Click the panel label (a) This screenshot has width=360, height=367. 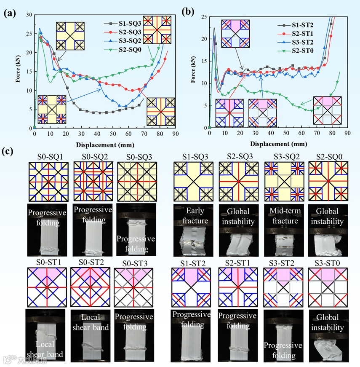tap(9, 13)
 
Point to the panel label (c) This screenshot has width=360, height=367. tap(9, 150)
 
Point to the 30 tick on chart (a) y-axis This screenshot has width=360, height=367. tap(29, 15)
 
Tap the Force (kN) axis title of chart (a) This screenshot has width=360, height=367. tap(19, 71)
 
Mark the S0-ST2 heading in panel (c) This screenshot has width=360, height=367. tap(90, 263)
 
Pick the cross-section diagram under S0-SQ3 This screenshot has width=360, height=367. tap(135, 182)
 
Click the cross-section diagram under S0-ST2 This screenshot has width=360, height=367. tap(90, 288)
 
